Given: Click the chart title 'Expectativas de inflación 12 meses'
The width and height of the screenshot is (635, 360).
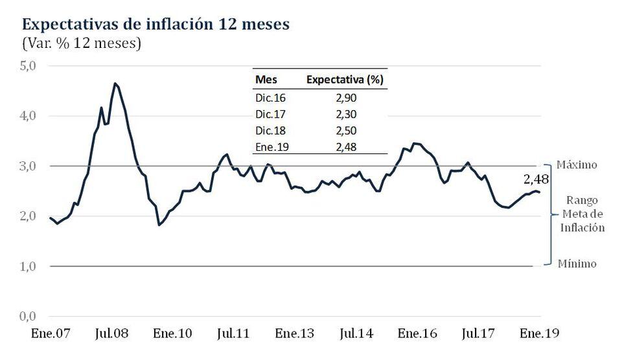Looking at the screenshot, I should click(156, 25).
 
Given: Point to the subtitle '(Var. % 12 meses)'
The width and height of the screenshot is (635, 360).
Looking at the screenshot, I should click(82, 44).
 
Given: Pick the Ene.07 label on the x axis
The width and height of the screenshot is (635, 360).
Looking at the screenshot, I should click(51, 333).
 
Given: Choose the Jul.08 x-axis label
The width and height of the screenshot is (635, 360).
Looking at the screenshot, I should click(112, 333).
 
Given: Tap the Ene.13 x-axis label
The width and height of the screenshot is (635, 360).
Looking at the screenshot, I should click(295, 333).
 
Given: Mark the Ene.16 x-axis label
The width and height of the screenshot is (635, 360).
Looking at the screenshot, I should click(417, 333).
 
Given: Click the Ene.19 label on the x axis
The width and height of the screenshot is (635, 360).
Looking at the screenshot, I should click(539, 333).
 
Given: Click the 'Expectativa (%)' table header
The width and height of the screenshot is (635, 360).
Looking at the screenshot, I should click(345, 80).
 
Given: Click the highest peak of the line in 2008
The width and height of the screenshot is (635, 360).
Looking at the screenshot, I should click(115, 84).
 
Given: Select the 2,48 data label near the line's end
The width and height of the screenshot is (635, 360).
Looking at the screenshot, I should click(537, 179).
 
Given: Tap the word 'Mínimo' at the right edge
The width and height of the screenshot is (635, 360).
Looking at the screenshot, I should click(577, 264).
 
